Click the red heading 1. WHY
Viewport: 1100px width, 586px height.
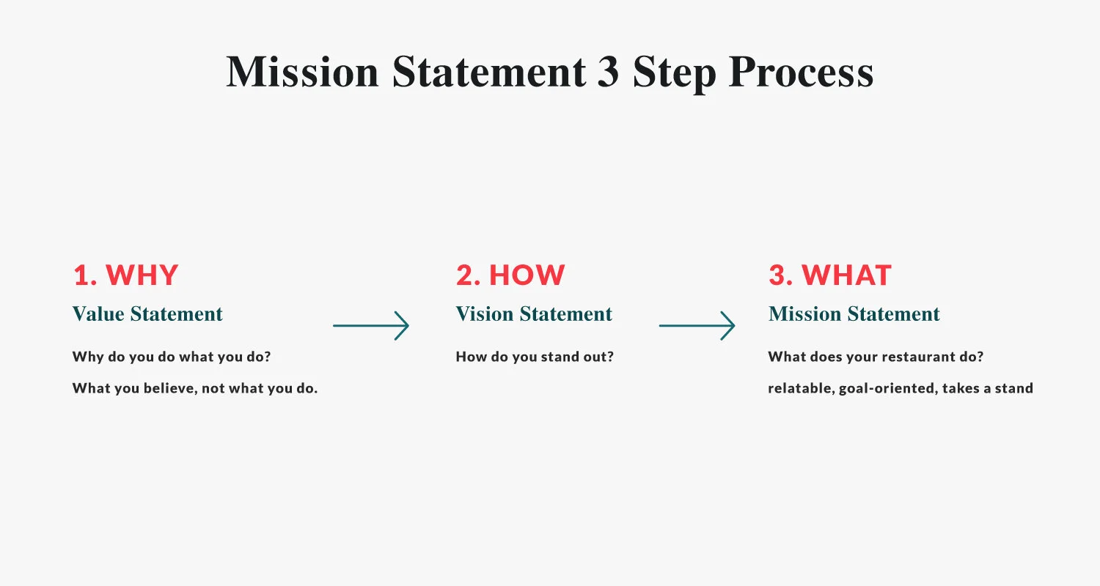tap(125, 275)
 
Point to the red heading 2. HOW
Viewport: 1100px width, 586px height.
tap(510, 275)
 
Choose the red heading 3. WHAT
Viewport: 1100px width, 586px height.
tap(829, 275)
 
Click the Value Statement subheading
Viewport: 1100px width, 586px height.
tap(147, 314)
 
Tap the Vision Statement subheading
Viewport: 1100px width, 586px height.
tap(534, 314)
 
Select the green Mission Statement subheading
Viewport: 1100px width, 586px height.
tap(854, 314)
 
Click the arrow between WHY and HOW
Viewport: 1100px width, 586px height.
tap(370, 325)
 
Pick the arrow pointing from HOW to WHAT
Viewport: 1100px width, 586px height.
tap(697, 325)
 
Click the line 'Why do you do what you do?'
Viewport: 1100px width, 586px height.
tap(172, 357)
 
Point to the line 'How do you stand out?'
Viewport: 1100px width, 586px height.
tap(535, 357)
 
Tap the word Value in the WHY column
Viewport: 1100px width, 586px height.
tap(98, 314)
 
